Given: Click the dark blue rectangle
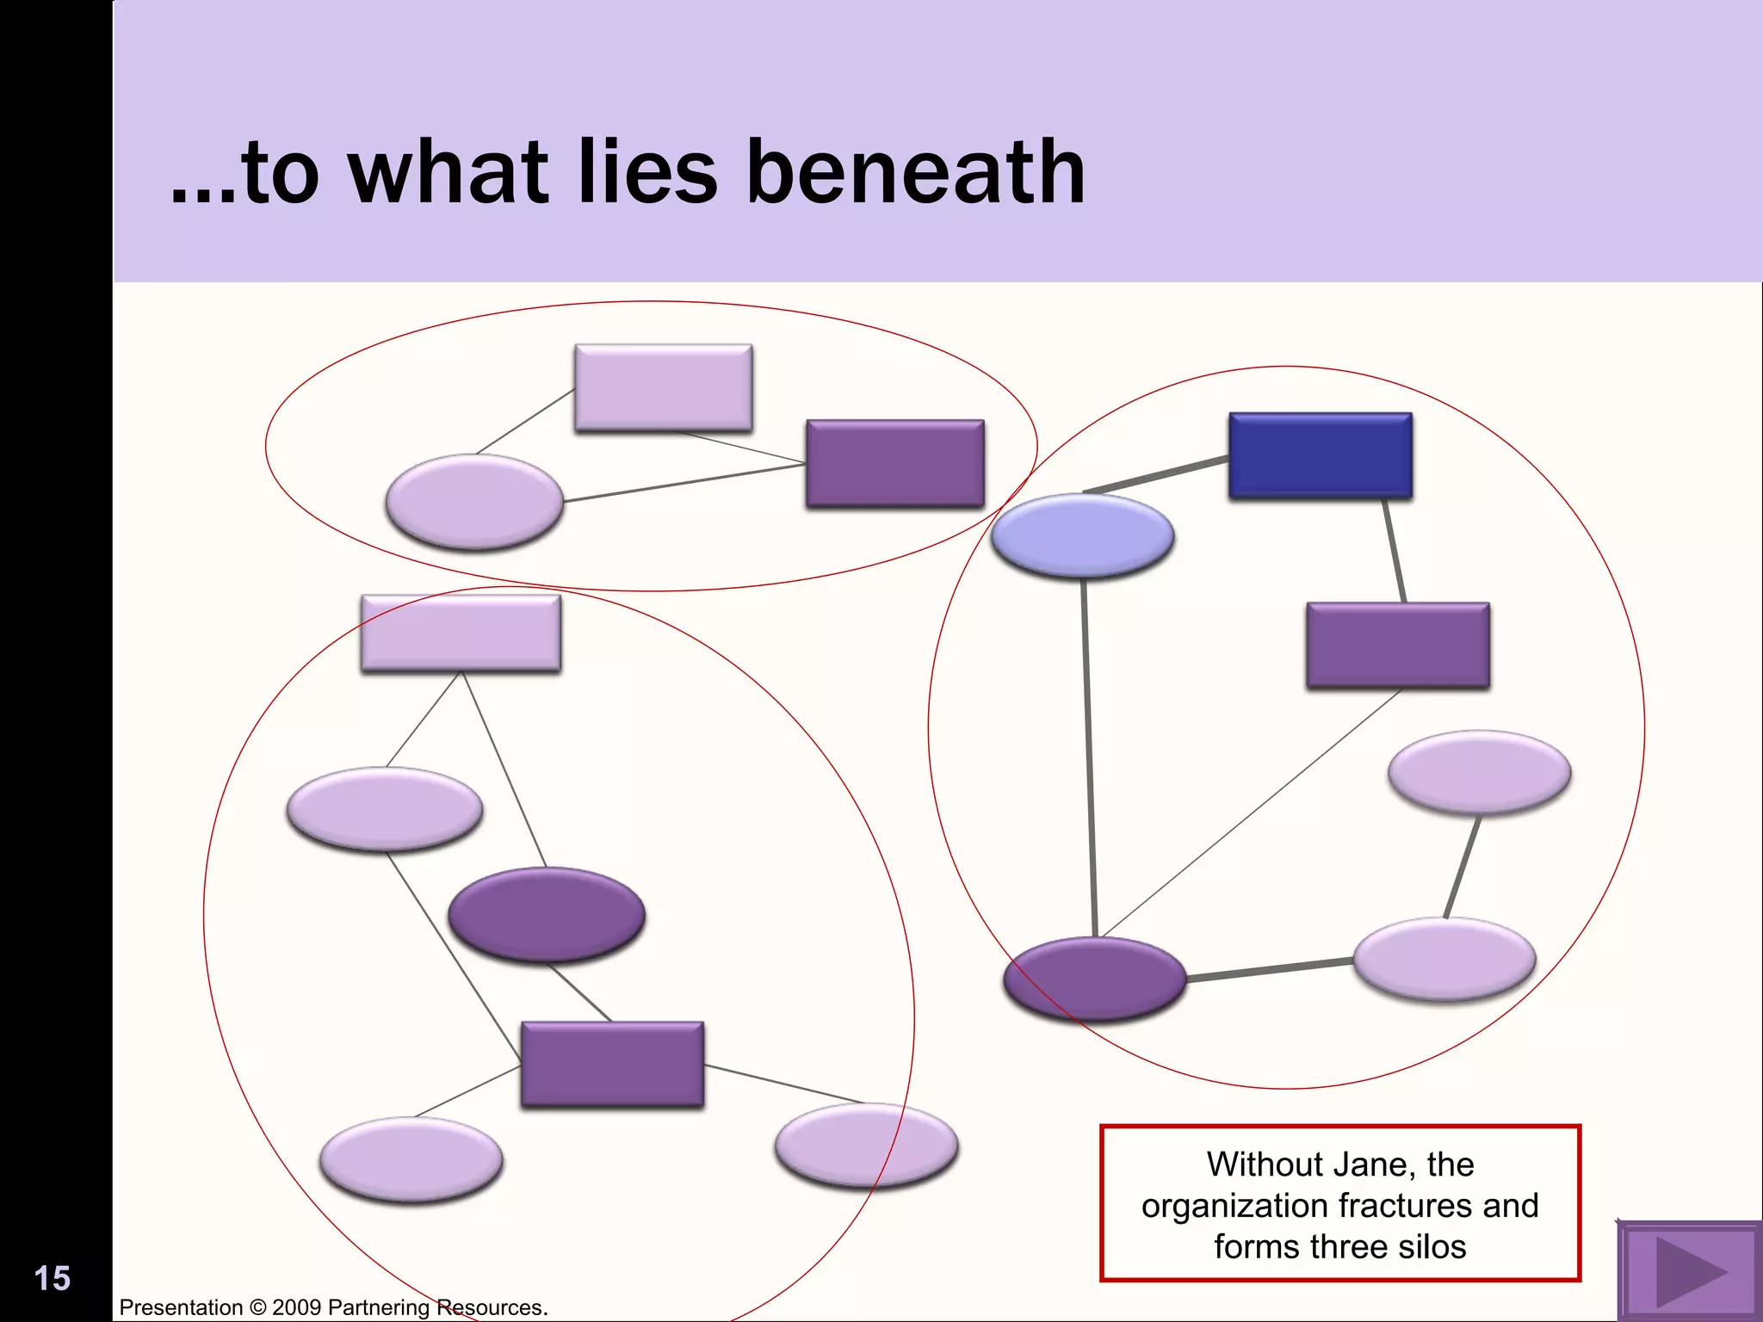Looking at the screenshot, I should [1321, 456].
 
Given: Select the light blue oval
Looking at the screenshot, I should [1082, 534].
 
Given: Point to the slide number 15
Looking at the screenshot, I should [52, 1279].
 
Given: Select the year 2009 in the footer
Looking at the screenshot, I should [297, 1307].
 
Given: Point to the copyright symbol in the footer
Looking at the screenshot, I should [257, 1307].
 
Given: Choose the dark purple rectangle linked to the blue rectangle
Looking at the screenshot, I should [1398, 646].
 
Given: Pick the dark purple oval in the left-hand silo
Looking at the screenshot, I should [547, 914].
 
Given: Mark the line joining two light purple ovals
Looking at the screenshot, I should [1462, 868].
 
